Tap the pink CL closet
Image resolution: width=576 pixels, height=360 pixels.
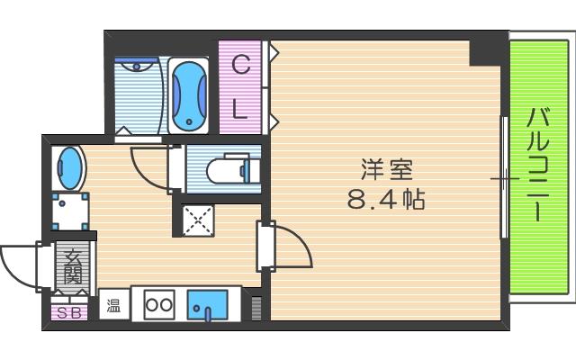pyautogui.click(x=240, y=87)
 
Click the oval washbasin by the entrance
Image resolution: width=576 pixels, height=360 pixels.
pyautogui.click(x=69, y=166)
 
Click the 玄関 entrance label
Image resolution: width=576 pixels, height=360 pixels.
pyautogui.click(x=72, y=267)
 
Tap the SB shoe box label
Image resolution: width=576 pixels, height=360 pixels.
pyautogui.click(x=67, y=313)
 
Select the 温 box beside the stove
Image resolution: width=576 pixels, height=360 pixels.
pyautogui.click(x=114, y=305)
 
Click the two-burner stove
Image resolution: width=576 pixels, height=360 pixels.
pyautogui.click(x=158, y=304)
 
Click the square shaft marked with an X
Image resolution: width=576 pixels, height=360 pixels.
pyautogui.click(x=195, y=219)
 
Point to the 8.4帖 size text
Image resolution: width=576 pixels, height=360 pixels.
pyautogui.click(x=386, y=198)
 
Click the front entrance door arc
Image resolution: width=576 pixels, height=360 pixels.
pyautogui.click(x=18, y=265)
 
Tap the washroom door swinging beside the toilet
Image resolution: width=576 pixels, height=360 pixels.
pyautogui.click(x=149, y=166)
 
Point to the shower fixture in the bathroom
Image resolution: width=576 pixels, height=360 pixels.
pyautogui.click(x=138, y=65)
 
